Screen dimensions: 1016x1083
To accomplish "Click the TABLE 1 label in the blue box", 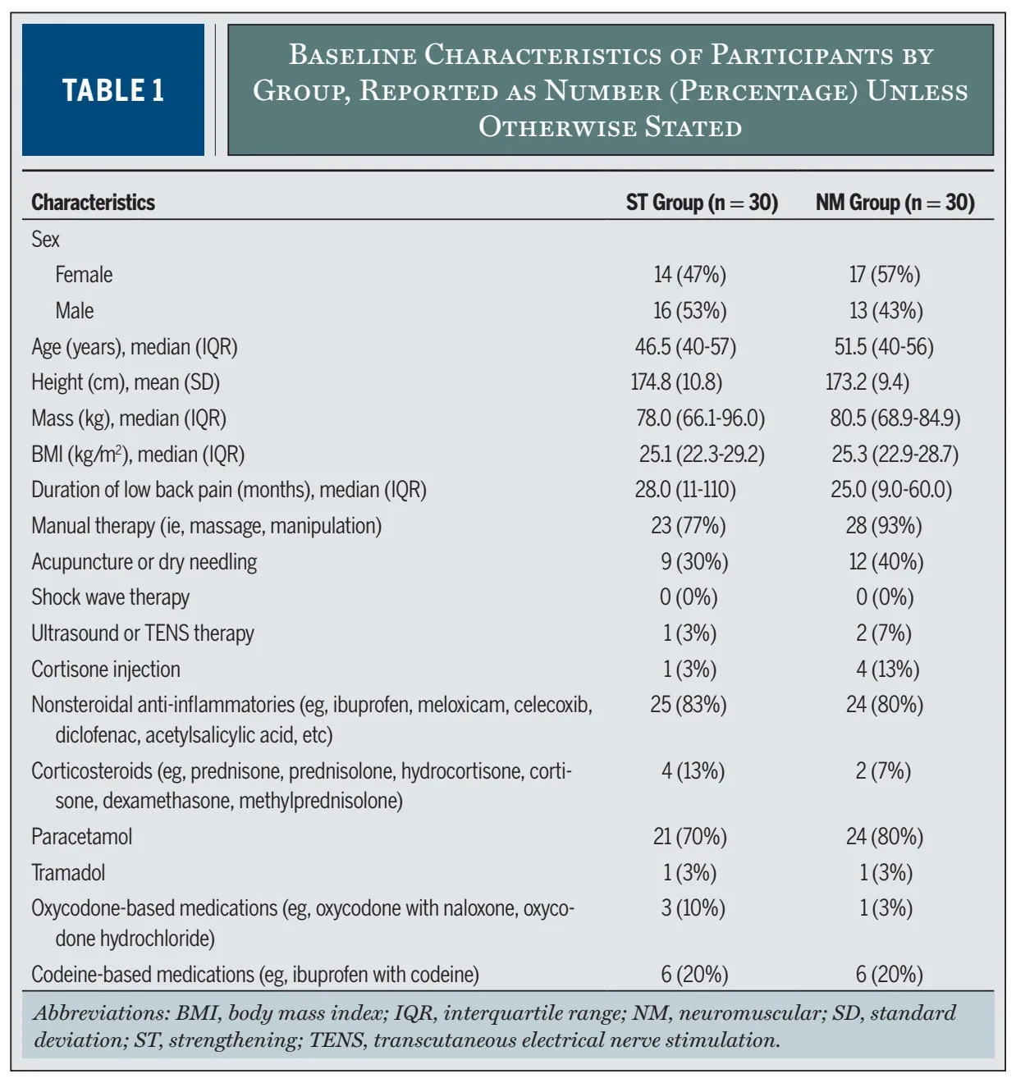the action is pos(113,90).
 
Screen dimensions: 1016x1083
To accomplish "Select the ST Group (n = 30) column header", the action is pos(702,203).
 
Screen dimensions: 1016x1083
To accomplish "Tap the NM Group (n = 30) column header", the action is pos(895,203).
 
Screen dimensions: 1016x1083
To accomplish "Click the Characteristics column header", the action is pos(93,203).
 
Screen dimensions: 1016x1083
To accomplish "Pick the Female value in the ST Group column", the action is pos(689,275).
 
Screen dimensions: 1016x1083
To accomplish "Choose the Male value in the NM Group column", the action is pos(886,311).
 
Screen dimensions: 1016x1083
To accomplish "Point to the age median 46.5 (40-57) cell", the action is pos(685,347).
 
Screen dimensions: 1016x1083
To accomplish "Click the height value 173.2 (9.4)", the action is pos(867,382).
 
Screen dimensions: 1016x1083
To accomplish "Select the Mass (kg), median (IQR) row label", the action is pos(129,418).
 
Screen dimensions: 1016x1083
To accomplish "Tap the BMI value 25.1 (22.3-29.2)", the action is pos(702,455).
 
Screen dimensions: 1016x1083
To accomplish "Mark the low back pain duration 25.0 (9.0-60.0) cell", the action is pos(891,490).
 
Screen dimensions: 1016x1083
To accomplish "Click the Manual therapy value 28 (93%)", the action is pos(884,526).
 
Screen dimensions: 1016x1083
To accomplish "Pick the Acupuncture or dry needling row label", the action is pos(144,562).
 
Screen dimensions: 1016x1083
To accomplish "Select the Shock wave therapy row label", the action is pos(110,597).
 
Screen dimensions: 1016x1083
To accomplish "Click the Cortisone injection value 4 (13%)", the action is pos(887,669).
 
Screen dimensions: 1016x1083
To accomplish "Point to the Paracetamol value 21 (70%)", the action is pos(689,837).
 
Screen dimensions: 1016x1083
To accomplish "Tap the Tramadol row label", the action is pos(68,872).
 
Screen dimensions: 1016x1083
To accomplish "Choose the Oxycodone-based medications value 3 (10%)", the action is pos(693,908).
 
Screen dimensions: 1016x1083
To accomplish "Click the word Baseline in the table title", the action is pos(352,54).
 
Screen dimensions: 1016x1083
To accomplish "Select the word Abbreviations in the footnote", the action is pos(102,1012).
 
